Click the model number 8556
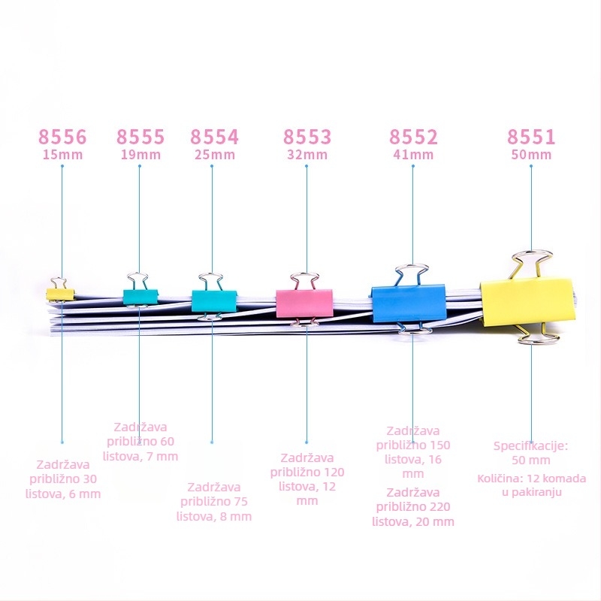62,137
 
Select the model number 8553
307,137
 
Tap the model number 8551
531,137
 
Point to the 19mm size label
140,155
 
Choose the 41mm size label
413,155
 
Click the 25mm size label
215,155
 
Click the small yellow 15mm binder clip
60,294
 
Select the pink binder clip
304,304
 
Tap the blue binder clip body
409,303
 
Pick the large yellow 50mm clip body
528,302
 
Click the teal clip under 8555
140,297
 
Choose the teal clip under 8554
214,301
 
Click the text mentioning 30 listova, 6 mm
63,479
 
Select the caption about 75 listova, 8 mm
214,502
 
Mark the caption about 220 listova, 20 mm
413,506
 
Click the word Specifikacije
530,446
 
